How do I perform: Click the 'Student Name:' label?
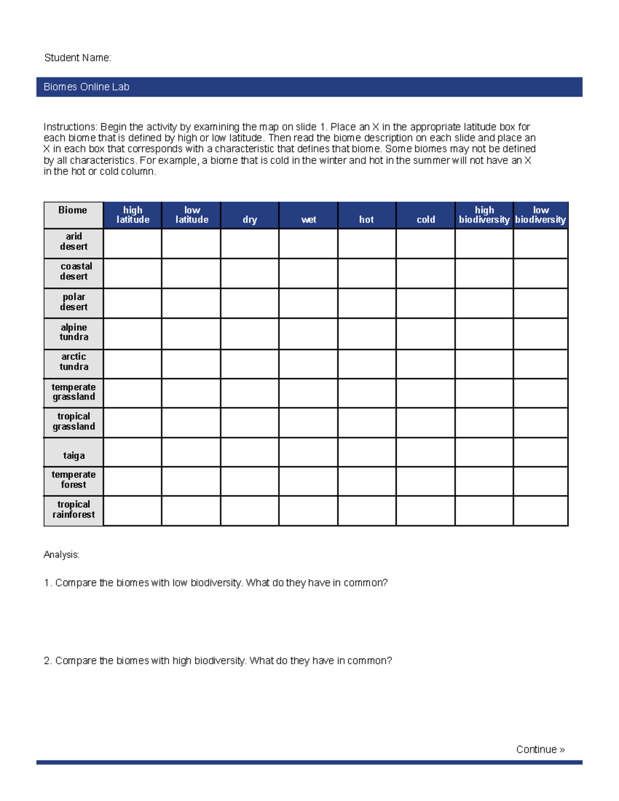point(77,58)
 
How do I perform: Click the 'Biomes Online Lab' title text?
point(86,87)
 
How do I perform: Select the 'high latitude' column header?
point(133,215)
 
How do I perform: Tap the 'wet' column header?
point(308,220)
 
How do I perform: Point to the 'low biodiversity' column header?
point(540,215)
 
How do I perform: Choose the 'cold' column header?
point(426,220)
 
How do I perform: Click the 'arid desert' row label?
point(74,241)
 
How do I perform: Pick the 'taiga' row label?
point(74,455)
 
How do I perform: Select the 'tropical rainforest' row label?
point(74,510)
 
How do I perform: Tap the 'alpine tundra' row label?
point(74,332)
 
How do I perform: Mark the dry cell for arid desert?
point(250,243)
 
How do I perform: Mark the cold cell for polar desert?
point(426,303)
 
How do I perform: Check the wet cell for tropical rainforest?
point(308,511)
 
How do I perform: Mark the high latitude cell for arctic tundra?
point(133,364)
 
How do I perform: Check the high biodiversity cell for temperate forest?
point(484,481)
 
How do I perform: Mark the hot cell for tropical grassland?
point(367,422)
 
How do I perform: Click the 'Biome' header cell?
point(73,210)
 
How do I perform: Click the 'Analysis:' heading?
point(61,555)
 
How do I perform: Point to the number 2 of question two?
point(47,661)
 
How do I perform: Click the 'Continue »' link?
point(540,749)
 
